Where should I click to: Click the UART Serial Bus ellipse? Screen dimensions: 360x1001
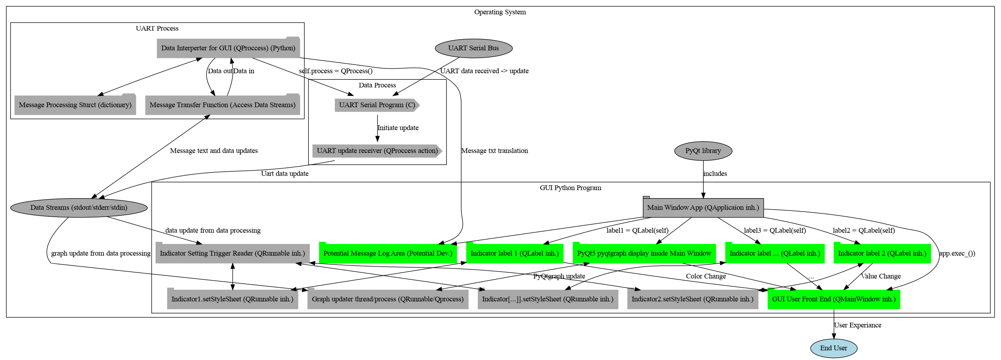tap(473, 48)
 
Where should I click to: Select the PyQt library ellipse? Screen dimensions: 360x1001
tap(703, 151)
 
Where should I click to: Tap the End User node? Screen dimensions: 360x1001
tap(834, 348)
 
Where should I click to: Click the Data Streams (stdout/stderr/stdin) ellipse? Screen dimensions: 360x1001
tap(79, 208)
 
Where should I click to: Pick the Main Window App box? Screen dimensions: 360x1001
tap(703, 208)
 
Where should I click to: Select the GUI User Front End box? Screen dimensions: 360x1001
tap(834, 299)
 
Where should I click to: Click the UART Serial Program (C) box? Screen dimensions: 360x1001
tap(377, 105)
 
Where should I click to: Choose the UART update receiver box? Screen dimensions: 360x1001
tap(377, 151)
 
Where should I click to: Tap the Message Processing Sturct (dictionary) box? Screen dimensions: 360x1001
tap(75, 105)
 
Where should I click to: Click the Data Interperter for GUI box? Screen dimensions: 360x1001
tap(228, 48)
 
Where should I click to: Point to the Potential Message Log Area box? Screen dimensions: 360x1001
tap(388, 253)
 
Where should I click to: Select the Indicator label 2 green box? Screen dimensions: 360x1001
tap(882, 253)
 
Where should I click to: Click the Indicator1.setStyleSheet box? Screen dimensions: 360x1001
tap(233, 299)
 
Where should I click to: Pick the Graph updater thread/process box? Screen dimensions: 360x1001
tap(388, 299)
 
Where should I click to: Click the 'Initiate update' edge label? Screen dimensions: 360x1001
tap(398, 128)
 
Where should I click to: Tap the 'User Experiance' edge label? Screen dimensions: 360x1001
tap(857, 325)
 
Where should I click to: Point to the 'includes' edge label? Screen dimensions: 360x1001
tap(715, 174)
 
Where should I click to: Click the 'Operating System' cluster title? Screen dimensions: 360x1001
tap(500, 12)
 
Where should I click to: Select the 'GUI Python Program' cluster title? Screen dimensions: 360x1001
tap(570, 188)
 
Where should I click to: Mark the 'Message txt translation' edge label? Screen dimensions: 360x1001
tap(494, 151)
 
